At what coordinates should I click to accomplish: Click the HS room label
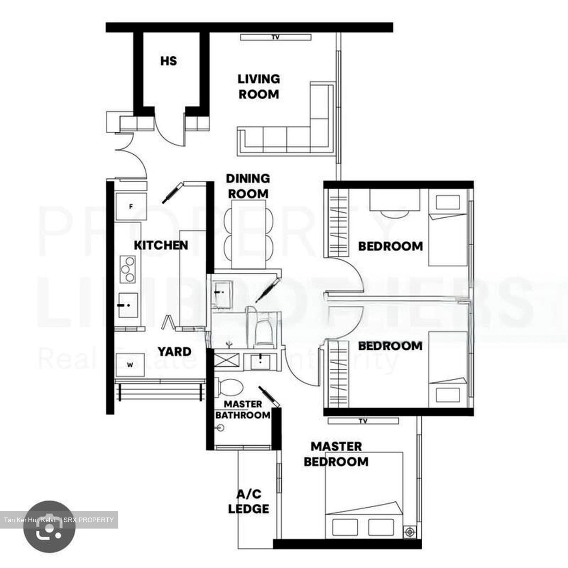point(168,61)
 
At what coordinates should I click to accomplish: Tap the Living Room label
point(259,86)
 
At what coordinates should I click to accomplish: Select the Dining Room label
point(248,186)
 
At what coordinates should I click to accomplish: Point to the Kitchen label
point(161,245)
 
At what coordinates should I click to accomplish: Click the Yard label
point(174,351)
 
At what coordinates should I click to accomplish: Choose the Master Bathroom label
point(243,410)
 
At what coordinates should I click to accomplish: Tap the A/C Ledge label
point(249,501)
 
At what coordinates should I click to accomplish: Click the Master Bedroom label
point(336,454)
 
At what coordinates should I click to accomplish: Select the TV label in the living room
point(275,37)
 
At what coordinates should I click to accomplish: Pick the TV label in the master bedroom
point(363,421)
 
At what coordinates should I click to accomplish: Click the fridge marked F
point(131,206)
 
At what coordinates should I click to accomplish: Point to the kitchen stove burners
point(127,269)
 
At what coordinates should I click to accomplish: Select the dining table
point(248,234)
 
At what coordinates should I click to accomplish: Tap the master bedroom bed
point(363,495)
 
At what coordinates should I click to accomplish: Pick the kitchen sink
point(128,305)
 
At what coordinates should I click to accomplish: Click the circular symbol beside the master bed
point(410,532)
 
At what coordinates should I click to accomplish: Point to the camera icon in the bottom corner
point(49,527)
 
